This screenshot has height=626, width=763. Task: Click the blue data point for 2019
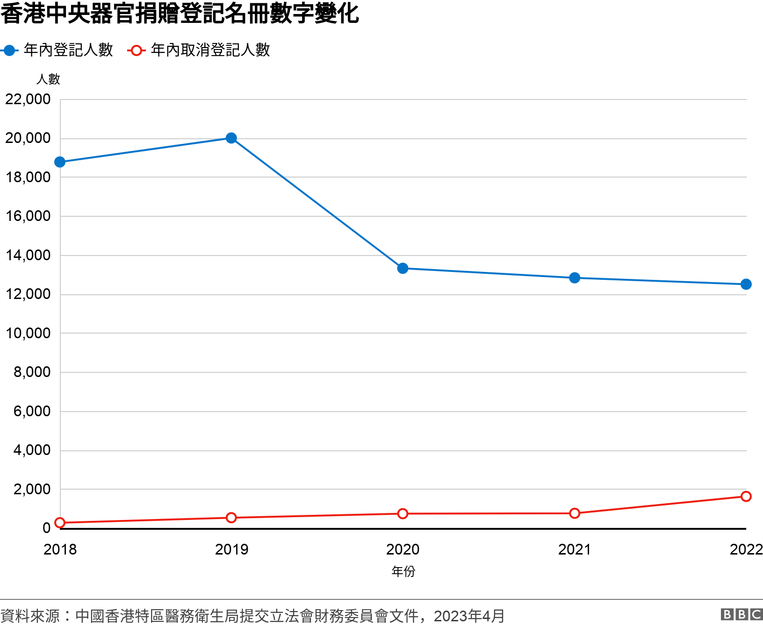(x=231, y=138)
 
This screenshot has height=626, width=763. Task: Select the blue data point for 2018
(x=60, y=162)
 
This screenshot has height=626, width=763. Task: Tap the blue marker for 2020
(x=403, y=268)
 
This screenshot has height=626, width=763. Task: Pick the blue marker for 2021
(x=575, y=278)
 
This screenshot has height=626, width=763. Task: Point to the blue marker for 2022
(x=746, y=284)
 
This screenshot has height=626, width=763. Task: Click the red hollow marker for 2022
(x=746, y=496)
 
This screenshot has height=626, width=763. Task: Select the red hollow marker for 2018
(x=60, y=523)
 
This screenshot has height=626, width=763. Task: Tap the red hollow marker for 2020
(x=403, y=514)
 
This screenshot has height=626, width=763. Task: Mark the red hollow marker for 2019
(x=231, y=518)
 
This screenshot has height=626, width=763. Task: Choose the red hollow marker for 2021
(x=575, y=513)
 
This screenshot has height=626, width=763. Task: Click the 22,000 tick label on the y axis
(x=28, y=100)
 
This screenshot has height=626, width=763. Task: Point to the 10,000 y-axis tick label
(x=28, y=334)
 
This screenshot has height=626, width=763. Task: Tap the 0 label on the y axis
(x=46, y=528)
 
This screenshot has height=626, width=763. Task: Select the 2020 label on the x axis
(x=403, y=549)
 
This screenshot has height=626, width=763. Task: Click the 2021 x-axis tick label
(x=575, y=549)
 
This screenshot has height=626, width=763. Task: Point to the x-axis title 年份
(x=403, y=571)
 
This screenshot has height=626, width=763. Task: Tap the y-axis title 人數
(x=48, y=79)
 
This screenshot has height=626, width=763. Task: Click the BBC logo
(x=741, y=614)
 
